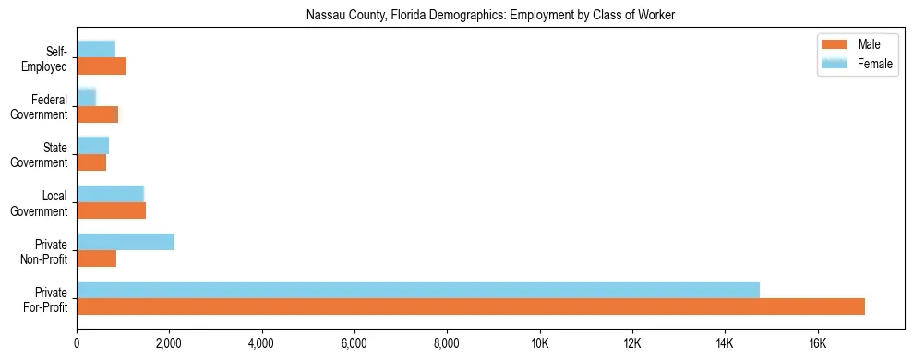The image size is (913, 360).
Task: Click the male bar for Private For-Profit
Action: pos(471,306)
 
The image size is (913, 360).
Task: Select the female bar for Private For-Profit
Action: pos(418,290)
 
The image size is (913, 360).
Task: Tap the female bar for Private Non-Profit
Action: pos(126,242)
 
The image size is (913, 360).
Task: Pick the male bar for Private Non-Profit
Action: pos(97,258)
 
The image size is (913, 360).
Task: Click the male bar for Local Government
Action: pos(112,210)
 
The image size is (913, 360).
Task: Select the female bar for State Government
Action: pos(93,145)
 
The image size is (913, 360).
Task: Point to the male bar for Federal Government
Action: pos(98,114)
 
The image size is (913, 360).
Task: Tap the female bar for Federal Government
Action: pos(87,97)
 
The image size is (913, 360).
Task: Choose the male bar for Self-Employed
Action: pos(102,66)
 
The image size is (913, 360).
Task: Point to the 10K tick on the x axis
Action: pos(539,344)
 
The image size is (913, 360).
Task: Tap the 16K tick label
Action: pos(817,344)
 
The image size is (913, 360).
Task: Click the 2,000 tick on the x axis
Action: pos(169,344)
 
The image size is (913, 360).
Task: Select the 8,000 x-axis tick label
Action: pos(447,344)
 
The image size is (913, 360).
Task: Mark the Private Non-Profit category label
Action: pos(45,250)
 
